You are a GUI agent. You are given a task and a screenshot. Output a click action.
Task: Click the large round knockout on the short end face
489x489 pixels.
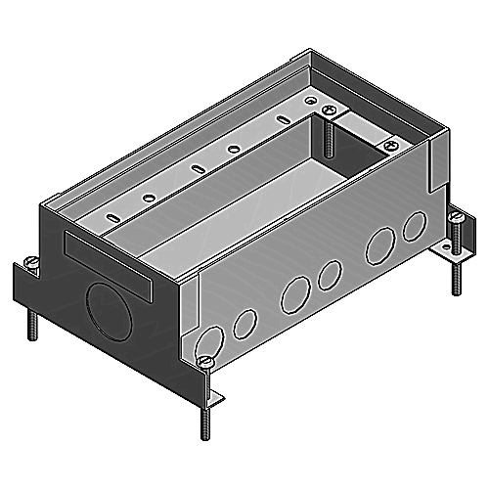pyautogui.click(x=106, y=311)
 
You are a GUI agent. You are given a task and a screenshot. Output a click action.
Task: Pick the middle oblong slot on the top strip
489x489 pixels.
pyautogui.click(x=197, y=168)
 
